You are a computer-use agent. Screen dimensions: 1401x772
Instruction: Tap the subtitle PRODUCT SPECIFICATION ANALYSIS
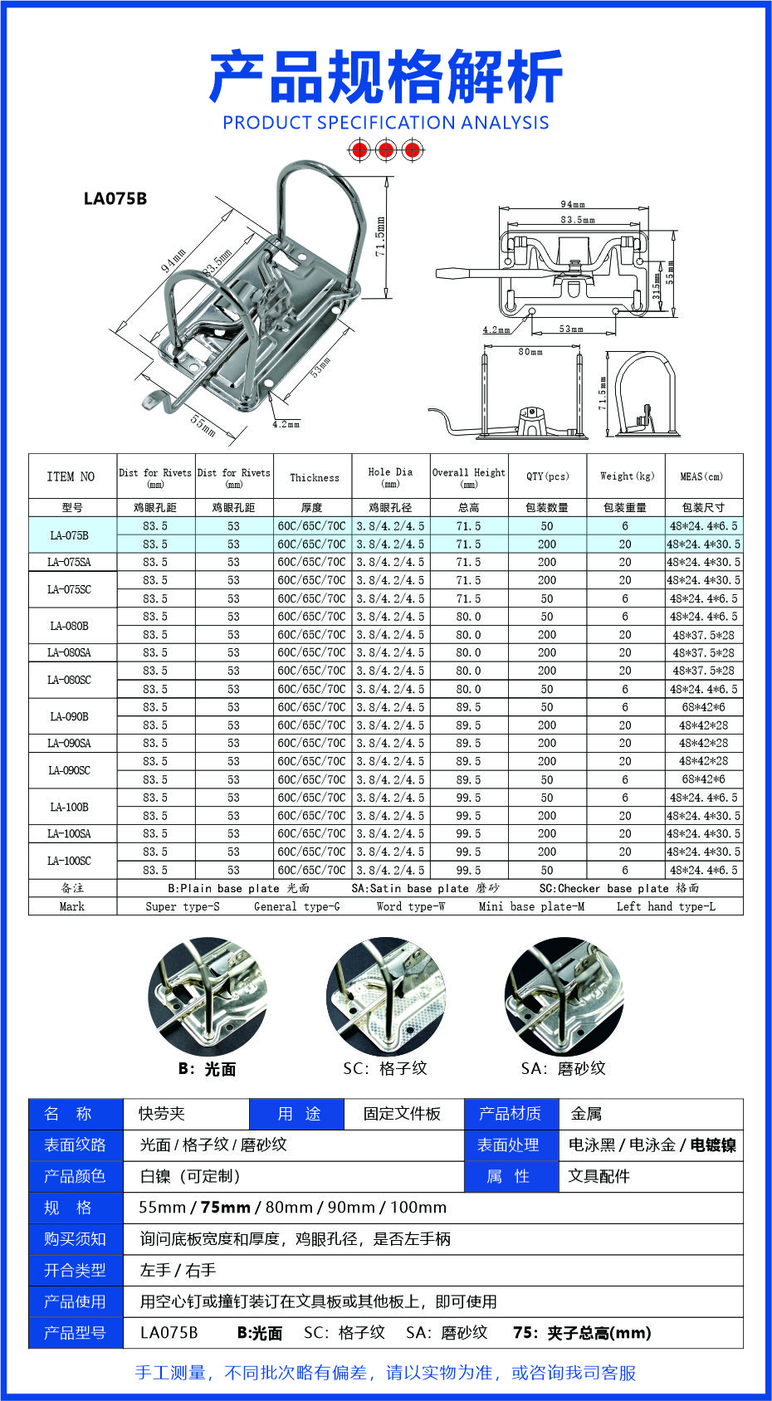pyautogui.click(x=386, y=123)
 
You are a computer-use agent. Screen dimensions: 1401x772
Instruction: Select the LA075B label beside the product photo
pyautogui.click(x=115, y=198)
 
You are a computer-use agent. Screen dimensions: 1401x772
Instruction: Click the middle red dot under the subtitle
pyautogui.click(x=385, y=150)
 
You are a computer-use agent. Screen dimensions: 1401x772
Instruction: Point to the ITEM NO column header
pyautogui.click(x=71, y=476)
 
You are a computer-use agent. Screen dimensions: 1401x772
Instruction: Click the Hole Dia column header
pyautogui.click(x=390, y=476)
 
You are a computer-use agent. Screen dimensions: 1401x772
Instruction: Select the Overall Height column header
pyautogui.click(x=468, y=476)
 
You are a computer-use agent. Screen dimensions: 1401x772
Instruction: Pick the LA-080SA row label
pyautogui.click(x=70, y=652)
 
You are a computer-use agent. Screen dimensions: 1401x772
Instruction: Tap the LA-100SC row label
pyautogui.click(x=70, y=861)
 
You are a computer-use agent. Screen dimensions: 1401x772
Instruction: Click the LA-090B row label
pyautogui.click(x=70, y=716)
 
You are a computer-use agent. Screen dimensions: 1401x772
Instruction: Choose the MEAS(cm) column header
pyautogui.click(x=701, y=476)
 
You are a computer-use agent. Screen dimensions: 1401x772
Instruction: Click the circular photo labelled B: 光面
pyautogui.click(x=208, y=997)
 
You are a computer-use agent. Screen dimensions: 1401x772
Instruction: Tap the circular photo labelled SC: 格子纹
pyautogui.click(x=385, y=997)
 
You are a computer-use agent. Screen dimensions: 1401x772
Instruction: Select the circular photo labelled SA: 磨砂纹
pyautogui.click(x=564, y=997)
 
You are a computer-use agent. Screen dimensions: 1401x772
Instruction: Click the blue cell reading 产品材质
pyautogui.click(x=510, y=1114)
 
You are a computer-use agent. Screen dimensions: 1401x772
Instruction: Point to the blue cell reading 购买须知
pyautogui.click(x=75, y=1238)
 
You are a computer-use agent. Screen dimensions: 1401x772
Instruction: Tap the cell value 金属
pyautogui.click(x=586, y=1114)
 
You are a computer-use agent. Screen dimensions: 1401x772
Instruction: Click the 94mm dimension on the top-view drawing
pyautogui.click(x=573, y=204)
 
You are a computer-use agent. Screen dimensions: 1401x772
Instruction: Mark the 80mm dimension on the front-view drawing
pyautogui.click(x=530, y=352)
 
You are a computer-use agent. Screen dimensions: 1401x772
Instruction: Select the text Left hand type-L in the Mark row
pyautogui.click(x=666, y=906)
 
